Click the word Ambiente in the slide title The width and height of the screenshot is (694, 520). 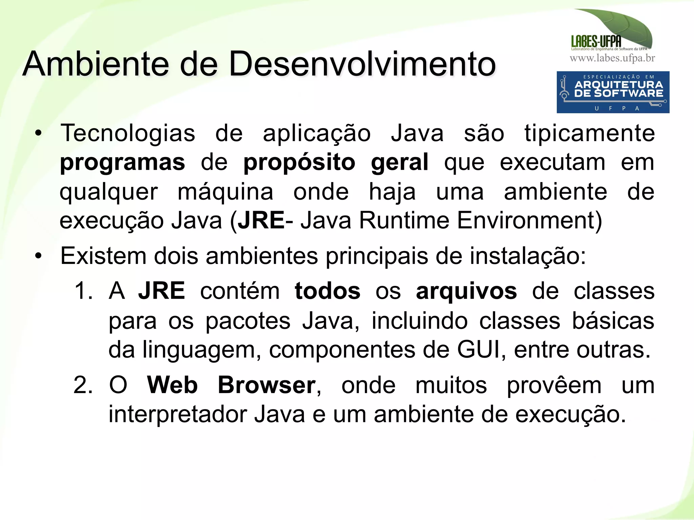click(96, 64)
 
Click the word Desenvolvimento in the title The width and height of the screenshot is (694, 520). click(362, 64)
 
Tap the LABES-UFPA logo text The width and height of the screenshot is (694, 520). click(596, 42)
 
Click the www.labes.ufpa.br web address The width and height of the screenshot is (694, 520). click(612, 58)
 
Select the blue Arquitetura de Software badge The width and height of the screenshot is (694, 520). click(613, 92)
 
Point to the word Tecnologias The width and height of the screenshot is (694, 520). click(128, 133)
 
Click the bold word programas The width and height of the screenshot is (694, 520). click(122, 163)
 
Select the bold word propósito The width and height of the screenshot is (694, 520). click(299, 163)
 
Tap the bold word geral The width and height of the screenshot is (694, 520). click(400, 163)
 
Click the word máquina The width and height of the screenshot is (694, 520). click(225, 192)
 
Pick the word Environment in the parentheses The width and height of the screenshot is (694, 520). click(529, 221)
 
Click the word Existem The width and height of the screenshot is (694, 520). click(103, 256)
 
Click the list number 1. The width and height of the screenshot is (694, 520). click(83, 291)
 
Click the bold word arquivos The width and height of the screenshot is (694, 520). click(466, 291)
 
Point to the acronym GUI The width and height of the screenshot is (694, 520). click(478, 349)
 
